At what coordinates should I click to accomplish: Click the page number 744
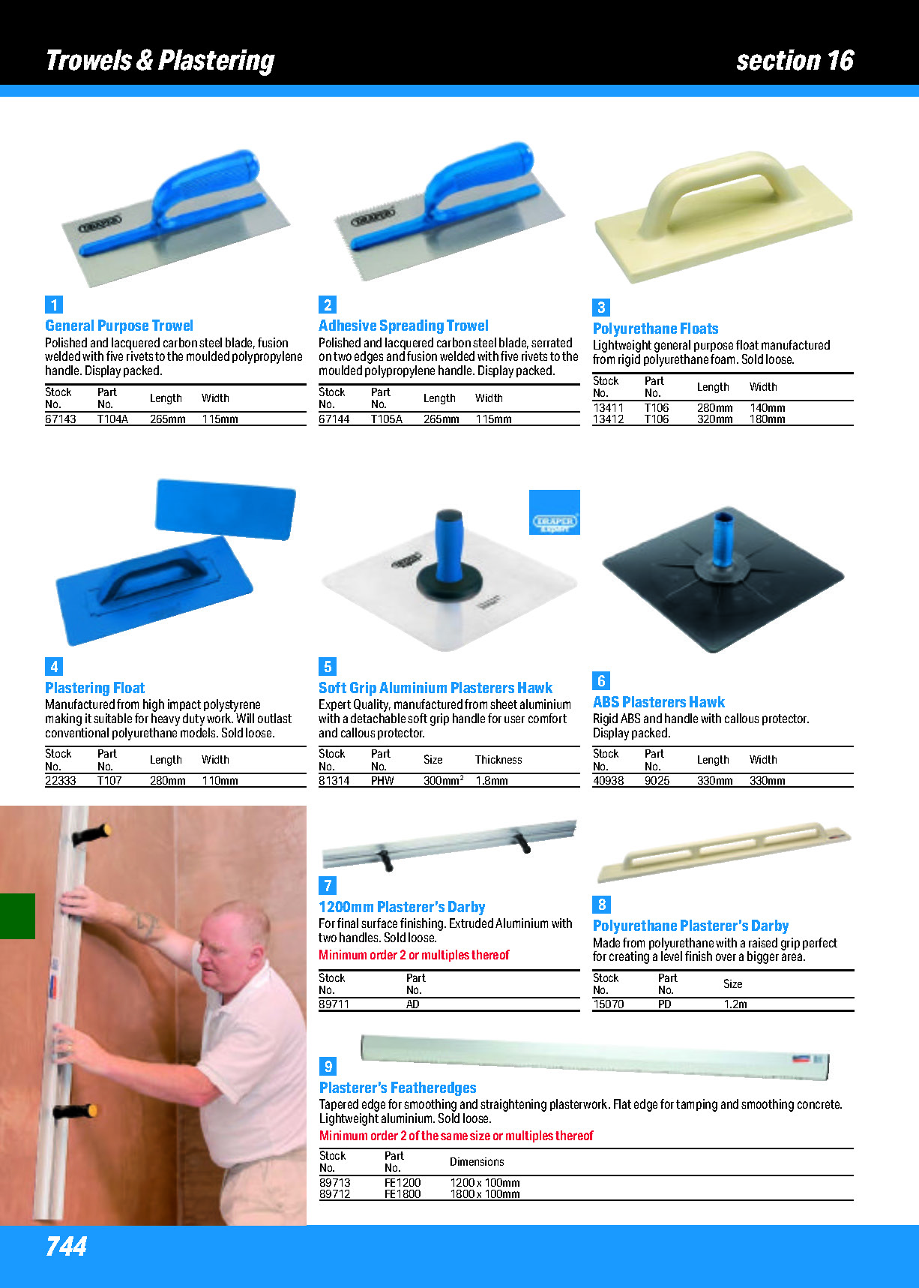pyautogui.click(x=66, y=1246)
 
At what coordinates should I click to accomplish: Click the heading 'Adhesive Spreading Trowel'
pyautogui.click(x=403, y=326)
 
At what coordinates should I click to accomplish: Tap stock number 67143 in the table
pyautogui.click(x=61, y=419)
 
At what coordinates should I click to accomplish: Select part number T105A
pyautogui.click(x=387, y=419)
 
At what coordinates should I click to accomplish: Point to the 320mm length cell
pyautogui.click(x=715, y=419)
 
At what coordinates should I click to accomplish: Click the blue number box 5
pyautogui.click(x=328, y=666)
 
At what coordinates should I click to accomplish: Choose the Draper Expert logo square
pyautogui.click(x=555, y=512)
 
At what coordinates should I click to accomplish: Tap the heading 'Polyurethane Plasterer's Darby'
pyautogui.click(x=690, y=926)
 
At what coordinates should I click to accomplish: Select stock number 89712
pyautogui.click(x=335, y=1194)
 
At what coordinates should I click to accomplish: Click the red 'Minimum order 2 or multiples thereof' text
pyautogui.click(x=414, y=955)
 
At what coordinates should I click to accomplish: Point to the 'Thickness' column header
pyautogui.click(x=498, y=760)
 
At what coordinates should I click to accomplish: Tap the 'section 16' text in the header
pyautogui.click(x=795, y=60)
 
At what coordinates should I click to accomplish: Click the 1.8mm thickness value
pyautogui.click(x=492, y=781)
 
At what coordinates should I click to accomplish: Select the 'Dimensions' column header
pyautogui.click(x=477, y=1162)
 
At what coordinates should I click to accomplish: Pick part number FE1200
pyautogui.click(x=403, y=1183)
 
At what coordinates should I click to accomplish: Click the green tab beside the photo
pyautogui.click(x=17, y=916)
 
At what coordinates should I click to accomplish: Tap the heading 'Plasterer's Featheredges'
pyautogui.click(x=398, y=1088)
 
